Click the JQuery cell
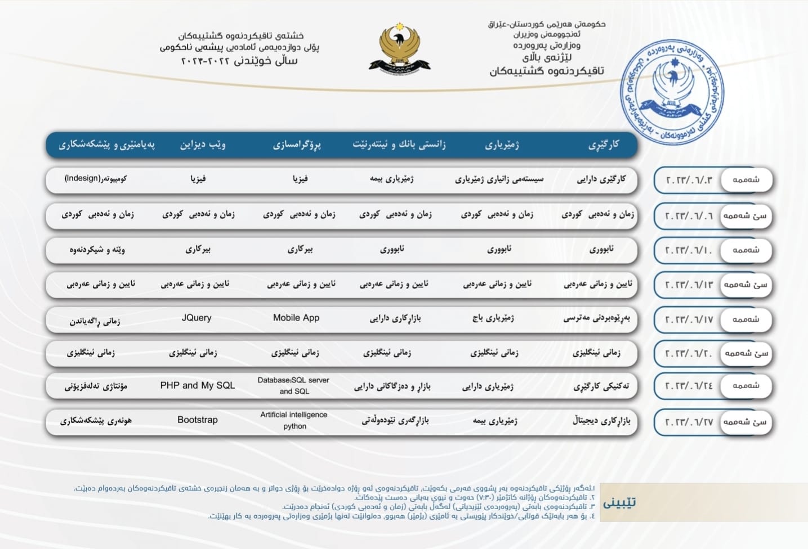click(x=197, y=318)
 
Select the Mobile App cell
click(x=296, y=318)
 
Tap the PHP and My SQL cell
click(x=198, y=385)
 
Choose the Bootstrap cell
click(x=198, y=420)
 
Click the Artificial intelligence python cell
click(x=294, y=420)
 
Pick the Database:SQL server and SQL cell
click(x=293, y=385)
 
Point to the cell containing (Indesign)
click(x=96, y=178)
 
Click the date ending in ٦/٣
click(x=689, y=181)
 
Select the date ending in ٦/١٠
click(x=689, y=250)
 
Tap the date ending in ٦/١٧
click(x=689, y=319)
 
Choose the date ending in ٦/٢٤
click(x=689, y=386)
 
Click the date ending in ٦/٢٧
click(x=689, y=422)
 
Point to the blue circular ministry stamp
click(x=672, y=92)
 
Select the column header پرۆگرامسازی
click(x=297, y=145)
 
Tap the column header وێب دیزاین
click(x=203, y=145)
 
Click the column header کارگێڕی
click(x=604, y=145)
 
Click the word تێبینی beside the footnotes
click(x=619, y=502)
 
